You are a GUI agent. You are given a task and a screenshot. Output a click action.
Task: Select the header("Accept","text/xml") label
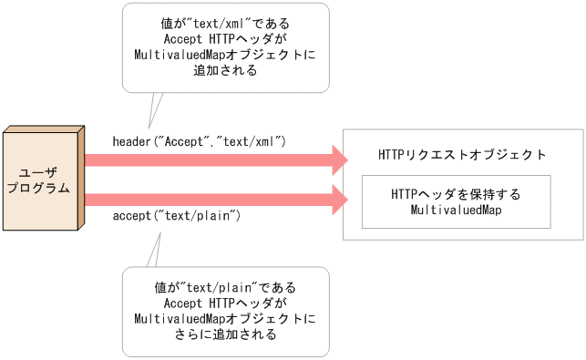[x=200, y=141]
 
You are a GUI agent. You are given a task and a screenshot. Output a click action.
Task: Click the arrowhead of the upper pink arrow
[x=340, y=160]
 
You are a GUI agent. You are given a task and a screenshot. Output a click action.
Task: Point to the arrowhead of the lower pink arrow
[x=340, y=198]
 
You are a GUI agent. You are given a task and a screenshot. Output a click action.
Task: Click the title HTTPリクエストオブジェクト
[x=462, y=155]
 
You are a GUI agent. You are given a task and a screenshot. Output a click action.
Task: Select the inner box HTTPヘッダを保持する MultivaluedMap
[x=456, y=201]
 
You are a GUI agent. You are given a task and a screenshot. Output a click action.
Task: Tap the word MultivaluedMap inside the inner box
[x=456, y=211]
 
